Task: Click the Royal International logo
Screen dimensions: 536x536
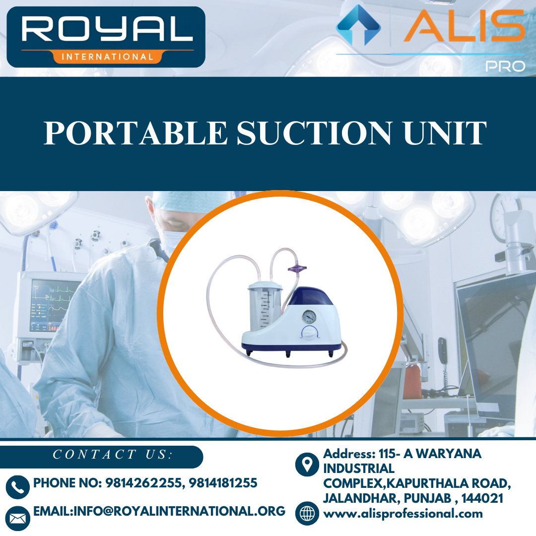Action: [106, 37]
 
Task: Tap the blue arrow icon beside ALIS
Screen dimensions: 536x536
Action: [358, 25]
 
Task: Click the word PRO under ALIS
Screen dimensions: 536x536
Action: [505, 66]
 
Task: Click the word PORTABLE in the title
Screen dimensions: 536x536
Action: [135, 133]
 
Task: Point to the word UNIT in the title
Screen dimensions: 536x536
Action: [450, 133]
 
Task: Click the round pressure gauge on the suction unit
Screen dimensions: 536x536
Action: [309, 317]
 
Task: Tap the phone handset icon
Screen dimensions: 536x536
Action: [18, 487]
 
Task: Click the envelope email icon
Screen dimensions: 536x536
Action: [18, 518]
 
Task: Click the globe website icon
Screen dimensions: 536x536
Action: [307, 513]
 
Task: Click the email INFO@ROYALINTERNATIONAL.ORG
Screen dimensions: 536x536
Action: [159, 511]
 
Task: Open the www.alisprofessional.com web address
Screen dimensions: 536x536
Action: [403, 514]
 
